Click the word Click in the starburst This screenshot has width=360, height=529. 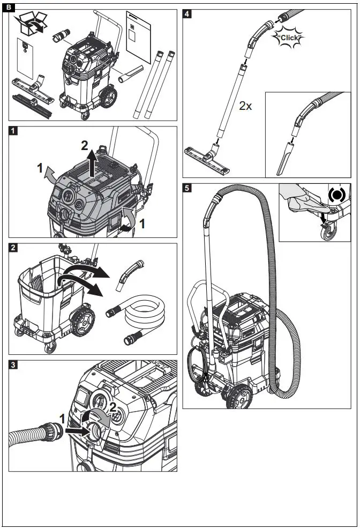288,37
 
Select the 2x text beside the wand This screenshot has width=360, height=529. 245,106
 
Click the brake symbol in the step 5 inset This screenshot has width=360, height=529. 336,195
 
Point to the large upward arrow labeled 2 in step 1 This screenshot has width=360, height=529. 92,160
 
